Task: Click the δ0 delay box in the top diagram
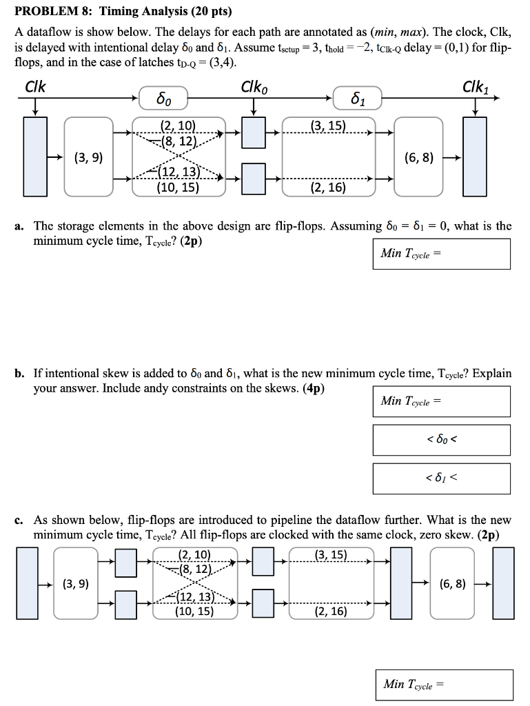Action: click(162, 99)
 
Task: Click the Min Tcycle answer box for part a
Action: click(442, 254)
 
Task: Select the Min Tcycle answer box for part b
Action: click(442, 401)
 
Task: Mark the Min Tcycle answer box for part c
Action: click(445, 685)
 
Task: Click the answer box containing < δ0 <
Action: click(442, 440)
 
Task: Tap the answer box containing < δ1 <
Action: click(442, 478)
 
